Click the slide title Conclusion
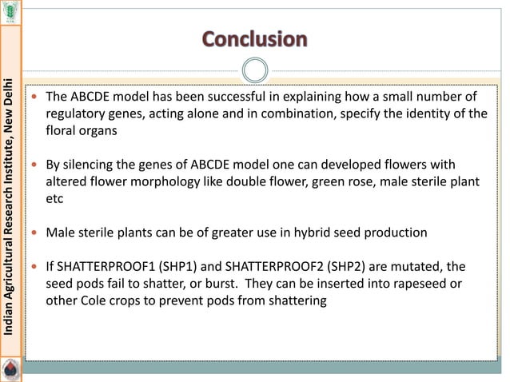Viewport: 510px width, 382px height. click(x=254, y=39)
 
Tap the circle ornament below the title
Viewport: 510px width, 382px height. click(x=254, y=70)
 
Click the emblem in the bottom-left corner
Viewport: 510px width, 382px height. click(x=10, y=369)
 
